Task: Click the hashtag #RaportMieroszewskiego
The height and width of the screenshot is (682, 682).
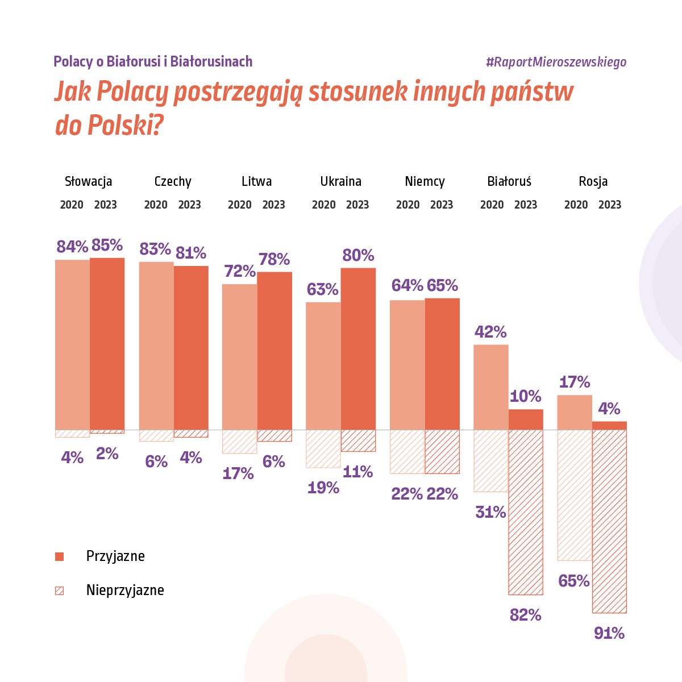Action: coord(556,62)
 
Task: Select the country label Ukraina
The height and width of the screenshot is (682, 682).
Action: coord(340,181)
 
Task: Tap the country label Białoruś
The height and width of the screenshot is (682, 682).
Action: coord(509,181)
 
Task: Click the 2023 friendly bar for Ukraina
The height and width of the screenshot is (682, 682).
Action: coord(358,348)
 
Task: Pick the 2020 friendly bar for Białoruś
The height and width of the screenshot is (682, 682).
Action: coord(491,387)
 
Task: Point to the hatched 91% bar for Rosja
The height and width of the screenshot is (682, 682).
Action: coord(609,521)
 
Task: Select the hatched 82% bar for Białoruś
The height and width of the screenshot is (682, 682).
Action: coord(526,512)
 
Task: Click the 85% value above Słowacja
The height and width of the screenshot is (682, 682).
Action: coord(107,246)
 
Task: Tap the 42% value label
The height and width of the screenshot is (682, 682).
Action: coord(490,332)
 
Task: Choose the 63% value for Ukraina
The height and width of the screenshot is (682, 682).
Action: coord(322,290)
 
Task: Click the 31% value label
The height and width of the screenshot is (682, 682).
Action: coord(490,513)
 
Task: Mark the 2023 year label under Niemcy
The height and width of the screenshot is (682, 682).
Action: coord(442,205)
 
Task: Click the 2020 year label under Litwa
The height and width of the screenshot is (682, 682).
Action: coord(240,205)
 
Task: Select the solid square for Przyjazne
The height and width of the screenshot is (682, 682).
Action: coord(60,556)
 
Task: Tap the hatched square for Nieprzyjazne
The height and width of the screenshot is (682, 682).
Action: coord(60,590)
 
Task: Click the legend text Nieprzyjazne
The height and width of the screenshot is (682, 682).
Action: coord(125,590)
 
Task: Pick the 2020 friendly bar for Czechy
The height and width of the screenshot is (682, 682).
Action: coord(156,346)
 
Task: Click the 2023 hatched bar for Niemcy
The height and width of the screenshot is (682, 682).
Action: coord(442,451)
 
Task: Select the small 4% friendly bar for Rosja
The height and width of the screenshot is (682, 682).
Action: coord(609,425)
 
